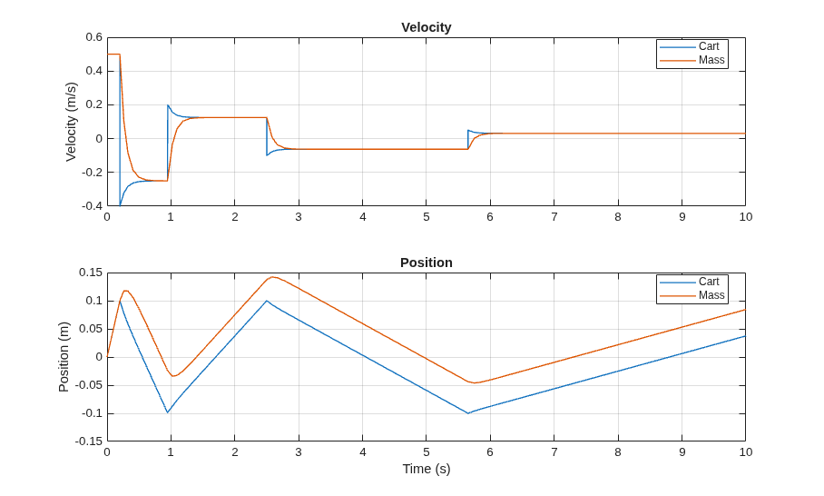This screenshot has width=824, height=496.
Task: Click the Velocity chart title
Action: [427, 27]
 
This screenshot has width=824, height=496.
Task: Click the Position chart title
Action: [427, 263]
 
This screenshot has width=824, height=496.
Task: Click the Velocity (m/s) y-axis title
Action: [71, 122]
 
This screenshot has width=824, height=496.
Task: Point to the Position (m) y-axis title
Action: [64, 357]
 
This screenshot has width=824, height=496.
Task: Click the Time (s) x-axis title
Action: [427, 469]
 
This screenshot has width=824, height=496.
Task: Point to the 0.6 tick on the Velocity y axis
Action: [94, 37]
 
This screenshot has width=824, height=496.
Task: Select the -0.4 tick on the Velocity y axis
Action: [92, 206]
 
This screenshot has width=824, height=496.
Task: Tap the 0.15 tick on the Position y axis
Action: [91, 273]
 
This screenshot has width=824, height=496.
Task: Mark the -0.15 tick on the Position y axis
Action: [89, 441]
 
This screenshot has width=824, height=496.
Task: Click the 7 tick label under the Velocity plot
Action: [554, 217]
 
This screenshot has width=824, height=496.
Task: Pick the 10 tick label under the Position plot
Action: [746, 451]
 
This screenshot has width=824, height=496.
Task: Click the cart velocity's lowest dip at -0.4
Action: [120, 205]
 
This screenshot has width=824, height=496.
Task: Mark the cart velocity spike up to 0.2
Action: [168, 105]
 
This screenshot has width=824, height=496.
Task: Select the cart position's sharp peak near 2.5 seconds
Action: [267, 301]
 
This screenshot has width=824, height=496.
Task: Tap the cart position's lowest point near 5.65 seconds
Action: [467, 413]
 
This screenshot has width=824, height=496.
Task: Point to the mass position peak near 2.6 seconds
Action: [273, 277]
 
